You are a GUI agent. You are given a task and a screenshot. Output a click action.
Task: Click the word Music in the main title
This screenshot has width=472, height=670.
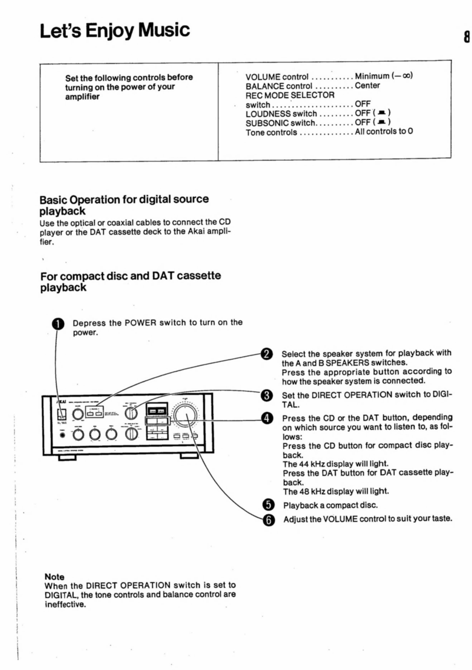click(164, 30)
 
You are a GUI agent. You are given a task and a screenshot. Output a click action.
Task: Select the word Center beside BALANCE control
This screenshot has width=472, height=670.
click(367, 86)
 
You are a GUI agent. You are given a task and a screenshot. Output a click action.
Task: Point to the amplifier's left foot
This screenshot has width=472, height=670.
click(67, 457)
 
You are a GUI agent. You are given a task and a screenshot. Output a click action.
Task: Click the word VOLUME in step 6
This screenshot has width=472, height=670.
click(340, 519)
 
